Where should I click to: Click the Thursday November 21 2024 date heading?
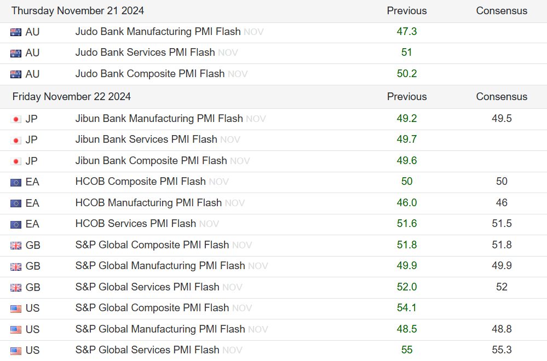[x=78, y=11]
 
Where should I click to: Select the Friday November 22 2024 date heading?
[x=72, y=97]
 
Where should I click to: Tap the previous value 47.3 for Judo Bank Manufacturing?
[x=407, y=32]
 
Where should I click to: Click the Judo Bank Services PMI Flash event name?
[x=145, y=53]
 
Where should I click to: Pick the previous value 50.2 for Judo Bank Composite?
[x=407, y=74]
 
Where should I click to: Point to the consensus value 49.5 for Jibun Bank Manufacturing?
[x=502, y=118]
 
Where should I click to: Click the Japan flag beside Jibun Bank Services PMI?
[x=16, y=140]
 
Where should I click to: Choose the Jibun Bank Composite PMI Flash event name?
[x=151, y=161]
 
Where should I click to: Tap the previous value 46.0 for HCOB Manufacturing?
[x=407, y=203]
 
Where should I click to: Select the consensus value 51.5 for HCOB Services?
[x=502, y=224]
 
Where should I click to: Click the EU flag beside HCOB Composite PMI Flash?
[x=16, y=182]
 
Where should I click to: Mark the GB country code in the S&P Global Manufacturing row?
[x=33, y=266]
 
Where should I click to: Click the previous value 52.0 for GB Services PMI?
[x=407, y=287]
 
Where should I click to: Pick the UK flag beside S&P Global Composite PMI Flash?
[x=16, y=246]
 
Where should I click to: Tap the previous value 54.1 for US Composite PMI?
[x=407, y=308]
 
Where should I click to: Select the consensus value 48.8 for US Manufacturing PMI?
[x=502, y=329]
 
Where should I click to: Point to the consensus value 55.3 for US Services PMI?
[x=502, y=350]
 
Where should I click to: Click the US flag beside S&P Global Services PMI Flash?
[x=16, y=351]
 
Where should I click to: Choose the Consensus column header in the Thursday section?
[x=502, y=11]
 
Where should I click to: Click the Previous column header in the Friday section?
[x=407, y=97]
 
